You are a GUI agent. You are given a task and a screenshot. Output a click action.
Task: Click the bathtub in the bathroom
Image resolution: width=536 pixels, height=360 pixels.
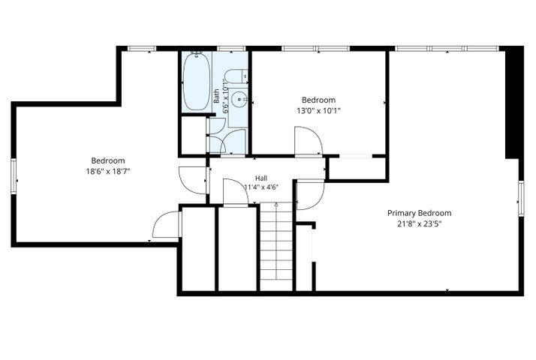point(197,82)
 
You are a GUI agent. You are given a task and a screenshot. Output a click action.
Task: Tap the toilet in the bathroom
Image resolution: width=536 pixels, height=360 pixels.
point(237,76)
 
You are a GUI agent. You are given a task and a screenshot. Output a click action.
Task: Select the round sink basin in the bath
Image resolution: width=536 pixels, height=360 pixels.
point(239,99)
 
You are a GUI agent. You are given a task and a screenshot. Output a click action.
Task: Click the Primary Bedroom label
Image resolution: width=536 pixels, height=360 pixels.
point(419,213)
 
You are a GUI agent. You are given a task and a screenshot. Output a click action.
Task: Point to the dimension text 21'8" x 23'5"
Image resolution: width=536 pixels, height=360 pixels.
point(419,224)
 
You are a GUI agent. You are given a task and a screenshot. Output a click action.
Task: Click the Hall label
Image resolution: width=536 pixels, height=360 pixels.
point(261,178)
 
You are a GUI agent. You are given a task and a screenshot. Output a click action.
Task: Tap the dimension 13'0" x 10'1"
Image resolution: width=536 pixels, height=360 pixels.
point(318,111)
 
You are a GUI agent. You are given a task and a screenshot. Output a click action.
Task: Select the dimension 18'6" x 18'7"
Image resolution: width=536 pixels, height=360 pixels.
point(108,171)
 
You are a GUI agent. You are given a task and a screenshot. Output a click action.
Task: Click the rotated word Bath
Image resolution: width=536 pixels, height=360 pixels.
point(217,96)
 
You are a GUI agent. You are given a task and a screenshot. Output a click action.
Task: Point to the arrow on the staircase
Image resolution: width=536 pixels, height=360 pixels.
point(276,240)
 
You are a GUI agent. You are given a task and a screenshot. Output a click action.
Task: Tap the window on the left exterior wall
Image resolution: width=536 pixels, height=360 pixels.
point(14,176)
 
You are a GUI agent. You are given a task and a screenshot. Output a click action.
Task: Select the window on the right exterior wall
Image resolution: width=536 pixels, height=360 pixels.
point(521,199)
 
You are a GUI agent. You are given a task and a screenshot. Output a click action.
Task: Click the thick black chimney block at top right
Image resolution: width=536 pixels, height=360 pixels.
point(514,103)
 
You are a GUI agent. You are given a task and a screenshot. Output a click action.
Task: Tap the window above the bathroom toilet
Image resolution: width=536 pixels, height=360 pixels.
point(231,49)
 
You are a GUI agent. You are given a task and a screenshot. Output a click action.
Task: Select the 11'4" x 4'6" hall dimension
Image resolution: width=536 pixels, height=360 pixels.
point(261,187)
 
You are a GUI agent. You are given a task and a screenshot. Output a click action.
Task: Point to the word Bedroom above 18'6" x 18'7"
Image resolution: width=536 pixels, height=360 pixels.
point(108,160)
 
